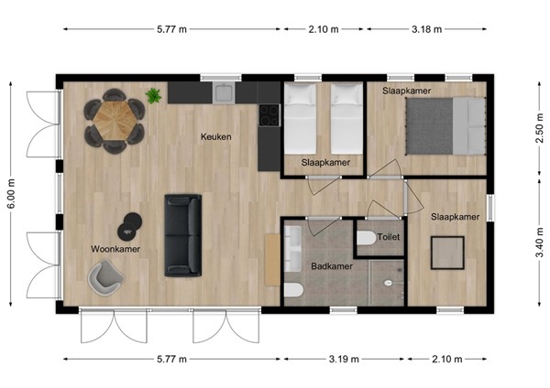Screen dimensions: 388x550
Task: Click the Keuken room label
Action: coord(216,137)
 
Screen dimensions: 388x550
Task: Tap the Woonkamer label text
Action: coord(115,248)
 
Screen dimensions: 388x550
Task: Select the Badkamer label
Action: coord(331,267)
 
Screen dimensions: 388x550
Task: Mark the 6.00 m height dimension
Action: coord(12,194)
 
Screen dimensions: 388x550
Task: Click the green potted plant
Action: coord(153,95)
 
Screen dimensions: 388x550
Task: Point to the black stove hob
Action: coord(269,114)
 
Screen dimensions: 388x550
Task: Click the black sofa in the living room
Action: coord(181,235)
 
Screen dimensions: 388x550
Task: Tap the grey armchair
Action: coord(104,276)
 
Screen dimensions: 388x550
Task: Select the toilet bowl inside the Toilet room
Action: coord(366,239)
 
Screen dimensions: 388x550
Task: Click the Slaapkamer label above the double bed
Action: coord(407,92)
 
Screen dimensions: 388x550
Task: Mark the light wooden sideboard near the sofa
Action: coord(271,259)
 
